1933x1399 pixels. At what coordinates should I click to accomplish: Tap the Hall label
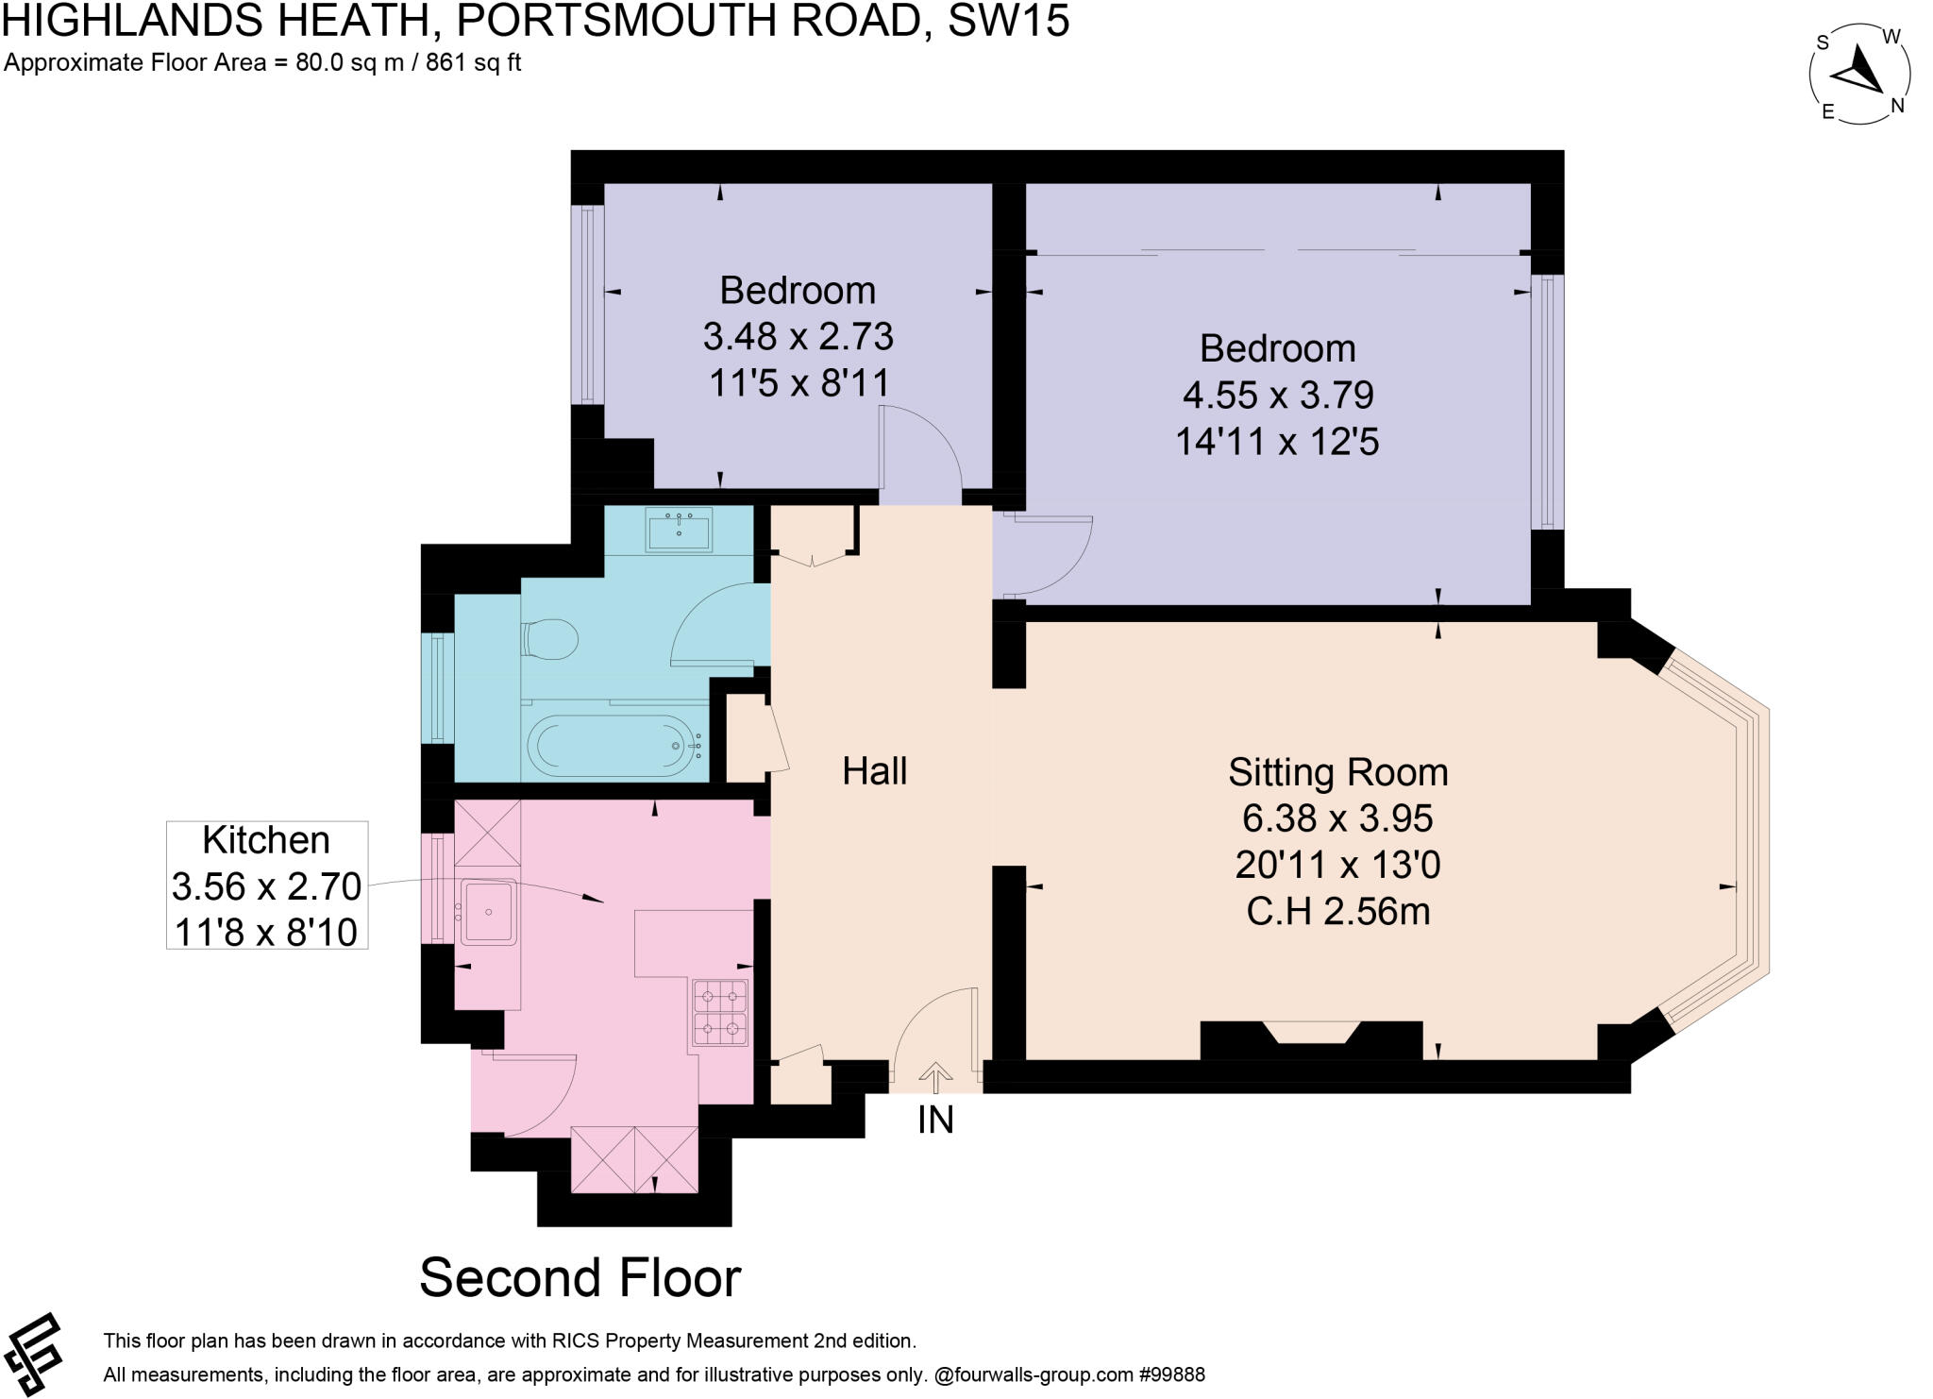pyautogui.click(x=874, y=771)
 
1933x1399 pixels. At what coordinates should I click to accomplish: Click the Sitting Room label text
pyautogui.click(x=1337, y=772)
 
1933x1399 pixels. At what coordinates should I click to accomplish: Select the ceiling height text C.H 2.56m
pyautogui.click(x=1337, y=912)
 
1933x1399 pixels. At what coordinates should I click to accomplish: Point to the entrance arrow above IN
pyautogui.click(x=935, y=1076)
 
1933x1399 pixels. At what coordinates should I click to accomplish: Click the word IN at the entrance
pyautogui.click(x=935, y=1120)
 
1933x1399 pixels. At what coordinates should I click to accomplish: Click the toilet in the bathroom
pyautogui.click(x=549, y=641)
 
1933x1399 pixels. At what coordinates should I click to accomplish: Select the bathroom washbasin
pyautogui.click(x=679, y=530)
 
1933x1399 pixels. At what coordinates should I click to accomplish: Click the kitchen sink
pyautogui.click(x=488, y=912)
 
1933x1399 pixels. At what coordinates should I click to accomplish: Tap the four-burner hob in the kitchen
pyautogui.click(x=721, y=1013)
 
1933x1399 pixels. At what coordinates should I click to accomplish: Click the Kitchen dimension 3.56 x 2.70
pyautogui.click(x=266, y=886)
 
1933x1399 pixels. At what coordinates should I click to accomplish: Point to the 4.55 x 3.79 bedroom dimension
pyautogui.click(x=1277, y=395)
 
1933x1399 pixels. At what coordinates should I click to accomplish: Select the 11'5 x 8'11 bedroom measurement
pyautogui.click(x=798, y=382)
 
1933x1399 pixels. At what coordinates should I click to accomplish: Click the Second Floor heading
pyautogui.click(x=580, y=1278)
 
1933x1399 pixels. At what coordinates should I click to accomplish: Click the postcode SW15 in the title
pyautogui.click(x=1008, y=21)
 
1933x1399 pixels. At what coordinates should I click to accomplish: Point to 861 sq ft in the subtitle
pyautogui.click(x=474, y=63)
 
